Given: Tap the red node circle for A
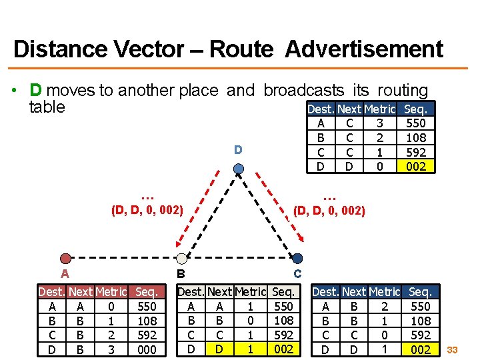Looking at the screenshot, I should [65, 259].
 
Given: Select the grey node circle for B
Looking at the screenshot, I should [181, 259].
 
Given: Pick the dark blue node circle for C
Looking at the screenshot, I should [297, 259].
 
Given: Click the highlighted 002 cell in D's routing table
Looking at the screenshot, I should [415, 166].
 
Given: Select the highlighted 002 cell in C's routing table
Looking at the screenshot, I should [420, 349].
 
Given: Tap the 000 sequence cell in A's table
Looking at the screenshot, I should [146, 349].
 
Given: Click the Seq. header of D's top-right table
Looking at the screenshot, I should [416, 109].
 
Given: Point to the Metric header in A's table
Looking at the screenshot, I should [111, 292].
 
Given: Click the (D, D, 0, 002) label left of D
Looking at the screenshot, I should [147, 211].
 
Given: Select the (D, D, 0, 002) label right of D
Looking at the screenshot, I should [329, 211].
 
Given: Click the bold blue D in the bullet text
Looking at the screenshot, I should [36, 90].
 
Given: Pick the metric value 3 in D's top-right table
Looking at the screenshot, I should [379, 123].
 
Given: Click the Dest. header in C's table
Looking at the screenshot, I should [325, 292].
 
